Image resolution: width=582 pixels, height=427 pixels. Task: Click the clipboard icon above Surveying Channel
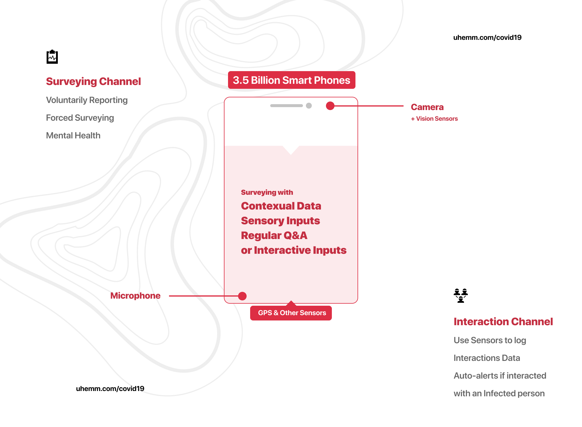tap(52, 57)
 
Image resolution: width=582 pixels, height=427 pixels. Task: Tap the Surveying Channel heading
tap(94, 81)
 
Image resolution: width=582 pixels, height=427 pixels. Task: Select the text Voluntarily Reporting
tap(87, 100)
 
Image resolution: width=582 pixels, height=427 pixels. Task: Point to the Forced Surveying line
tap(80, 118)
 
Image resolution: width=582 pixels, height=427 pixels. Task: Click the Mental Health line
tap(73, 135)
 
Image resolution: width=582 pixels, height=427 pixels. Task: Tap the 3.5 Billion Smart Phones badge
tap(291, 80)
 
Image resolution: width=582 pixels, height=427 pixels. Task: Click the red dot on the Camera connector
tap(330, 106)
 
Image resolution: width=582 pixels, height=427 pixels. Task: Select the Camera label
tap(427, 107)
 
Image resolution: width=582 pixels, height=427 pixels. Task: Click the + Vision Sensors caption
tap(434, 119)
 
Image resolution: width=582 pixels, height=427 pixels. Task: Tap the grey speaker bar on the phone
tap(286, 106)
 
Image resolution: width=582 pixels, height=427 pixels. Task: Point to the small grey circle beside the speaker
tap(309, 106)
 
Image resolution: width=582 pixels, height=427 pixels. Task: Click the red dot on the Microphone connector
tap(242, 296)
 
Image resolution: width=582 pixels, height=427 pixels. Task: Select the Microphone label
tap(135, 296)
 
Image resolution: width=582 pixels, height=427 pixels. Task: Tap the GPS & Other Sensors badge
tap(291, 313)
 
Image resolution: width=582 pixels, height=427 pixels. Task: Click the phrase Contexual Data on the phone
tap(281, 206)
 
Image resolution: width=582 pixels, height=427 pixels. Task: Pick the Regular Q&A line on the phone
tap(274, 235)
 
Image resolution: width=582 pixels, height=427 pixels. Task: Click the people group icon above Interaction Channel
tap(460, 296)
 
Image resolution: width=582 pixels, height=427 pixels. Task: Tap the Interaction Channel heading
tap(503, 322)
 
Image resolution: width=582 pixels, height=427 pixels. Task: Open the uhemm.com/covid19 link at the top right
tap(487, 37)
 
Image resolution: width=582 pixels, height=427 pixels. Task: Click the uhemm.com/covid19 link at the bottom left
tap(110, 389)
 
